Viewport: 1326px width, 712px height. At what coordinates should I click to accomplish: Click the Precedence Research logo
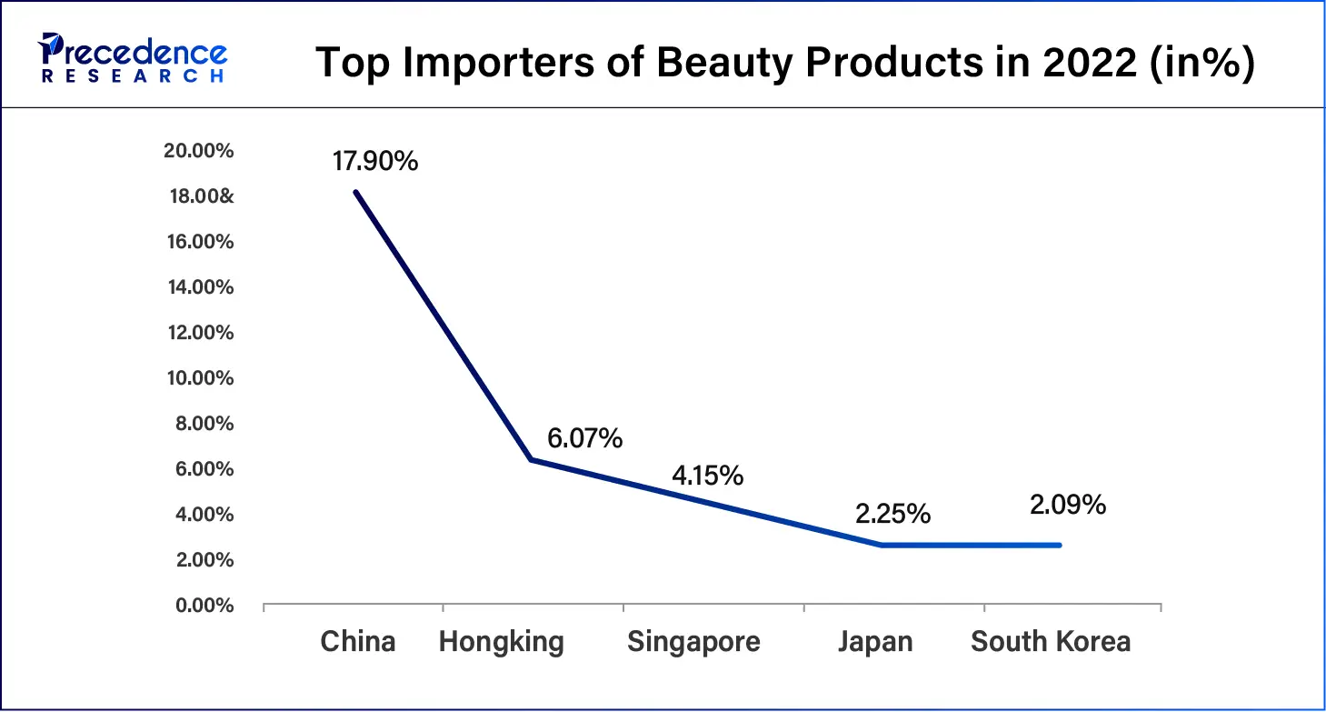(131, 57)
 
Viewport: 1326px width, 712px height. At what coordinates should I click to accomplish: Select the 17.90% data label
(375, 162)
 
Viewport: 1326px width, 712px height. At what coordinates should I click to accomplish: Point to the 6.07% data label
(584, 439)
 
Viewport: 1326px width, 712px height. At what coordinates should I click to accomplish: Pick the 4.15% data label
(707, 475)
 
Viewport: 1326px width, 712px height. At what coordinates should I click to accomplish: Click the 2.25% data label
(892, 514)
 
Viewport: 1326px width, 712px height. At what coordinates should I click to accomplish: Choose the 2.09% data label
(1068, 505)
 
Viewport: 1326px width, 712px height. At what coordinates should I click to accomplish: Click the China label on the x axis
(358, 642)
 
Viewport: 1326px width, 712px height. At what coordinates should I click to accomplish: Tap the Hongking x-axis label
(501, 642)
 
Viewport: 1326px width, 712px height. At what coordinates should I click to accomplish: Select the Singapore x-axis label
(693, 642)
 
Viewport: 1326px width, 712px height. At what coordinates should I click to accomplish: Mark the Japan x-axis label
(875, 642)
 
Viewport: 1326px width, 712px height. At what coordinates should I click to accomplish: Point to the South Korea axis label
(1051, 642)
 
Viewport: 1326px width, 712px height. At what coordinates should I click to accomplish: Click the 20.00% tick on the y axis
(198, 151)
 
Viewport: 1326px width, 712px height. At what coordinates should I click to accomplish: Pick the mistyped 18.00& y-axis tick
(198, 196)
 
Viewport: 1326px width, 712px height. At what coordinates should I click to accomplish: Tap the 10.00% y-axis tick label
(198, 378)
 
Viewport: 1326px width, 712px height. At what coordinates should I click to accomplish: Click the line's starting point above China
(355, 192)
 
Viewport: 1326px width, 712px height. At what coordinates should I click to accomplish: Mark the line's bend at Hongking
(531, 460)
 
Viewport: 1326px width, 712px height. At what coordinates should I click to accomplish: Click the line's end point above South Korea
(1060, 546)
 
